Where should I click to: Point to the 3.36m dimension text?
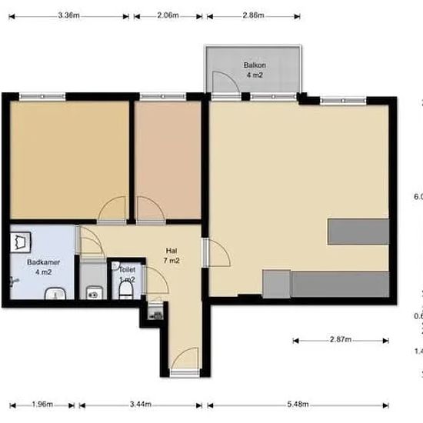[x=68, y=15]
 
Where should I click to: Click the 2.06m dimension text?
[x=168, y=15]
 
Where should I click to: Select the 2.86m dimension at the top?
[x=251, y=15]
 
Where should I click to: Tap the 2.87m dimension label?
[x=340, y=339]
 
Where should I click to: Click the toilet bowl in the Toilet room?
[x=125, y=291]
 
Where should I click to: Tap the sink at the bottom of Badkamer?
[x=54, y=293]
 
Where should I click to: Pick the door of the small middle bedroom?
[x=148, y=208]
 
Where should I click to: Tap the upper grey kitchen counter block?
[x=358, y=231]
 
